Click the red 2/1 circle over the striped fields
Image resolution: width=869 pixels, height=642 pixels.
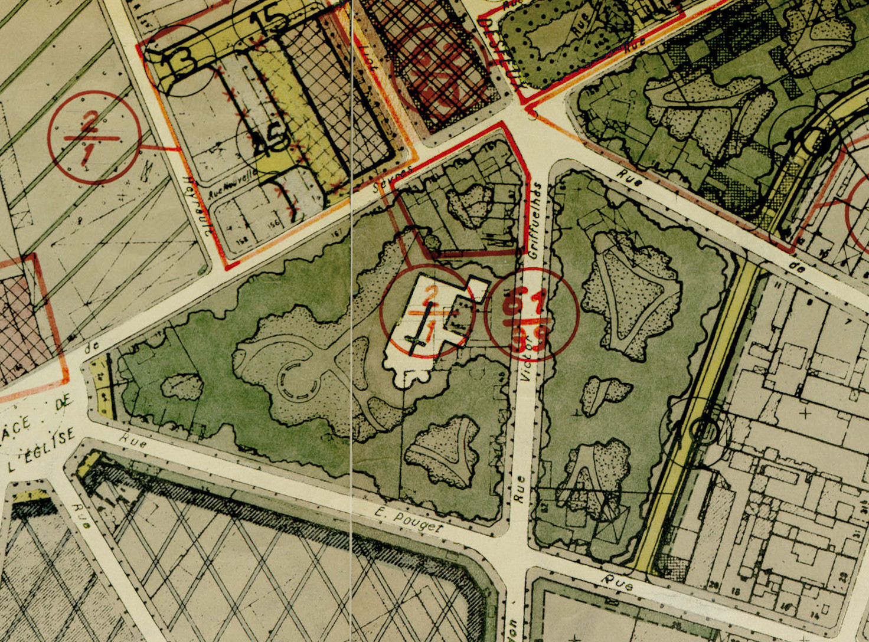[x=94, y=137]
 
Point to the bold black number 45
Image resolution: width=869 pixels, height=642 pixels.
[x=269, y=142]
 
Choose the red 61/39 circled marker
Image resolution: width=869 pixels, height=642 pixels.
[x=531, y=314]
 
